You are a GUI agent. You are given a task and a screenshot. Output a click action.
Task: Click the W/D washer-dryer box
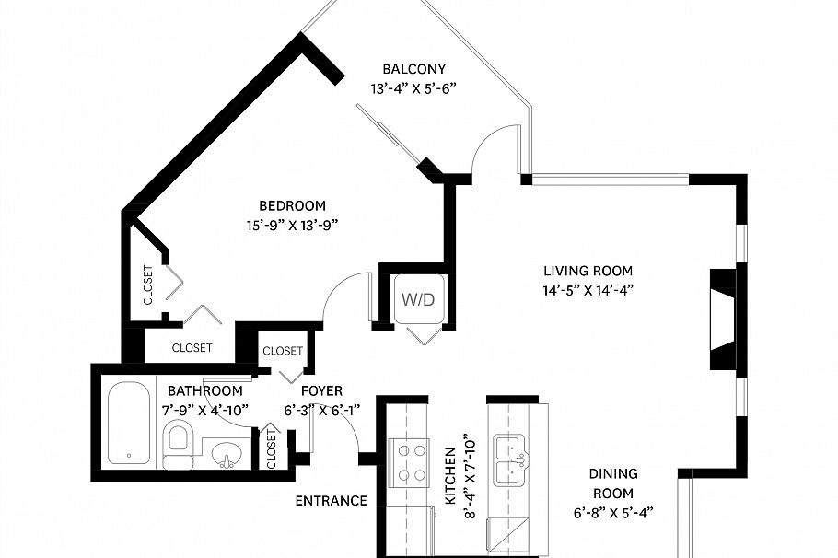(415, 299)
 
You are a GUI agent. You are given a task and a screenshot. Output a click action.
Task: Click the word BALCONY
(414, 69)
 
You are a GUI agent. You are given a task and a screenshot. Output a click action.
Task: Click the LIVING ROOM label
(588, 271)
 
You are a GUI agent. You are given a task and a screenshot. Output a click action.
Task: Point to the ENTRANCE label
(331, 501)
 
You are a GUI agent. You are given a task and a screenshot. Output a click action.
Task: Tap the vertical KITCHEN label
(450, 476)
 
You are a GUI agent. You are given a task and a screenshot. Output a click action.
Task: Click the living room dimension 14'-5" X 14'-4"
(588, 289)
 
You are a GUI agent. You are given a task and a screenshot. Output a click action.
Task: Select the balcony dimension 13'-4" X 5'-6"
(414, 88)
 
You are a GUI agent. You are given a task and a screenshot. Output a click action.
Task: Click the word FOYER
(321, 391)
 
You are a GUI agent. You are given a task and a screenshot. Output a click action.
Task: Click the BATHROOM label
(204, 391)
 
